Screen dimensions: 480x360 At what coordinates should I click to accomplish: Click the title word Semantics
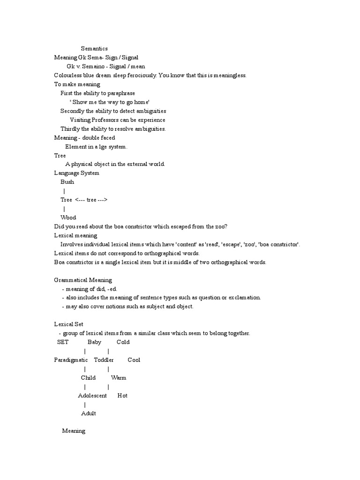[x=94, y=48]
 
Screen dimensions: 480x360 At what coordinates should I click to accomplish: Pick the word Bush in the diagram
[x=67, y=182]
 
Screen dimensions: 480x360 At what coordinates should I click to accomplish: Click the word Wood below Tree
[x=68, y=217]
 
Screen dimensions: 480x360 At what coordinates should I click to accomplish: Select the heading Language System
[x=77, y=173]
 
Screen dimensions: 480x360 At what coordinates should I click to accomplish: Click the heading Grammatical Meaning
[x=83, y=280]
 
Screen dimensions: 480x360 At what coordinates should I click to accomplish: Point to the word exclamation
[x=244, y=298]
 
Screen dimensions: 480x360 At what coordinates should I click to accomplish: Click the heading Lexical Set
[x=68, y=324]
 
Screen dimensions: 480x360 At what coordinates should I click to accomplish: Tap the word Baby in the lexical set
[x=94, y=342]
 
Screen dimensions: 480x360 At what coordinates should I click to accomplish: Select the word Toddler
[x=104, y=360]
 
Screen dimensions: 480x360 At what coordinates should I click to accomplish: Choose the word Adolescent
[x=92, y=396]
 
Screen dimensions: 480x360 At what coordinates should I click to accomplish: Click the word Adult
[x=88, y=413]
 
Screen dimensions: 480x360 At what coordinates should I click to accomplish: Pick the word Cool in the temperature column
[x=134, y=360]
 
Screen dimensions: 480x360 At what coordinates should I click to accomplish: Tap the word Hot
[x=122, y=396]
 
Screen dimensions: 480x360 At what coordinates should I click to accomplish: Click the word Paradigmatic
[x=71, y=360]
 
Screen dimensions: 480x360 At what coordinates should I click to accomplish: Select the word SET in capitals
[x=63, y=342]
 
